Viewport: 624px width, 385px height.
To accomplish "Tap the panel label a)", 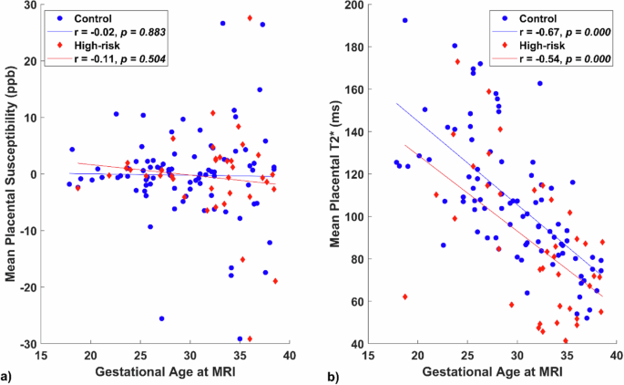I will point(8,375).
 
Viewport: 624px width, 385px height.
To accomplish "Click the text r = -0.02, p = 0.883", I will point(112,30).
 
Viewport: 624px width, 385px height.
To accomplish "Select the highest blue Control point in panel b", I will point(404,20).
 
